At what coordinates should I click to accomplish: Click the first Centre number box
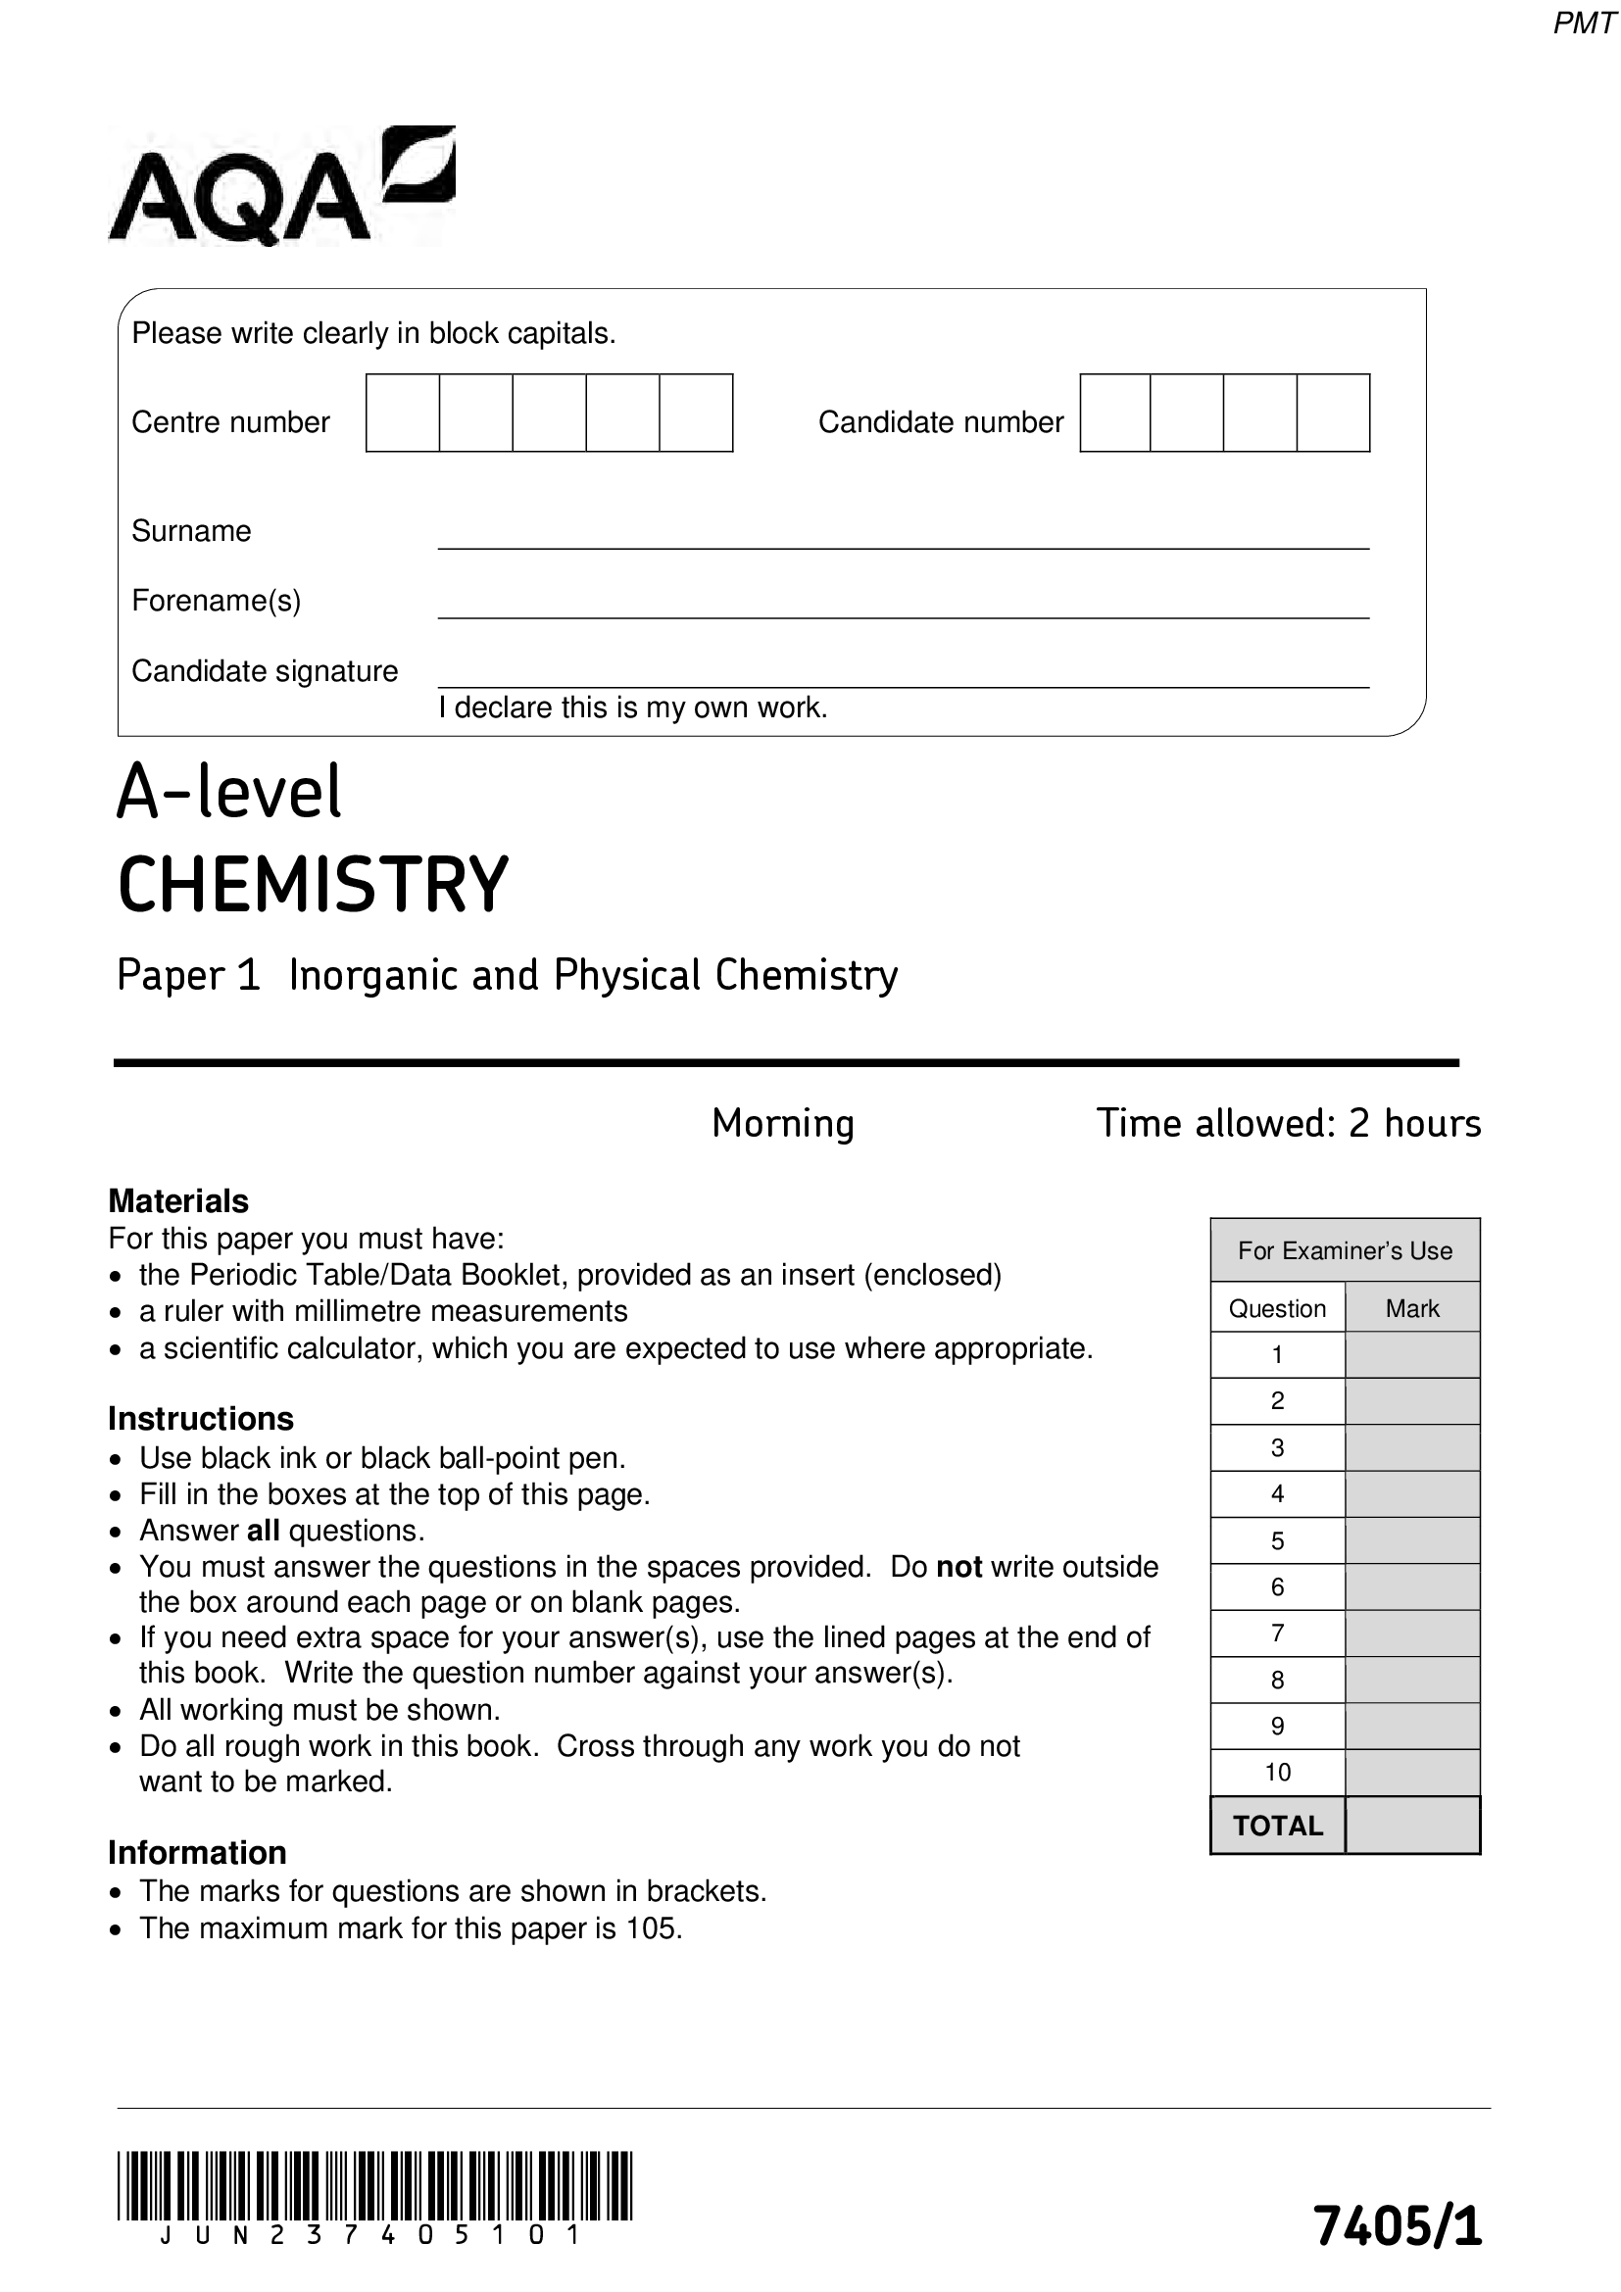coord(402,414)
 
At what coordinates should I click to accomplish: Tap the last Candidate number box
coord(1334,414)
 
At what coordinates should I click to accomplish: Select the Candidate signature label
coord(265,671)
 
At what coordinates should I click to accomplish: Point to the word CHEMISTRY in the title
coord(314,886)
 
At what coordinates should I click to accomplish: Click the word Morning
coord(782,1123)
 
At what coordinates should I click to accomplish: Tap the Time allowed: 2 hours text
coord(1288,1123)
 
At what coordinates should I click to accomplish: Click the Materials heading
coord(178,1201)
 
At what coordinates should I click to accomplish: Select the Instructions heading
coord(201,1419)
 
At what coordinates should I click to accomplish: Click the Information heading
coord(198,1853)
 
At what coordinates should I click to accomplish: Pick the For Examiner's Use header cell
coord(1345,1250)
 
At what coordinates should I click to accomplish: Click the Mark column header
coord(1412,1309)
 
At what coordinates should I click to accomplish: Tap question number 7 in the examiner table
coord(1278,1634)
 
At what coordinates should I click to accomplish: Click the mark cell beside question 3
coord(1412,1448)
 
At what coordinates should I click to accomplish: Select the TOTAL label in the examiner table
coord(1278,1826)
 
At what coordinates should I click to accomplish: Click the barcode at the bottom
coord(374,2185)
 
